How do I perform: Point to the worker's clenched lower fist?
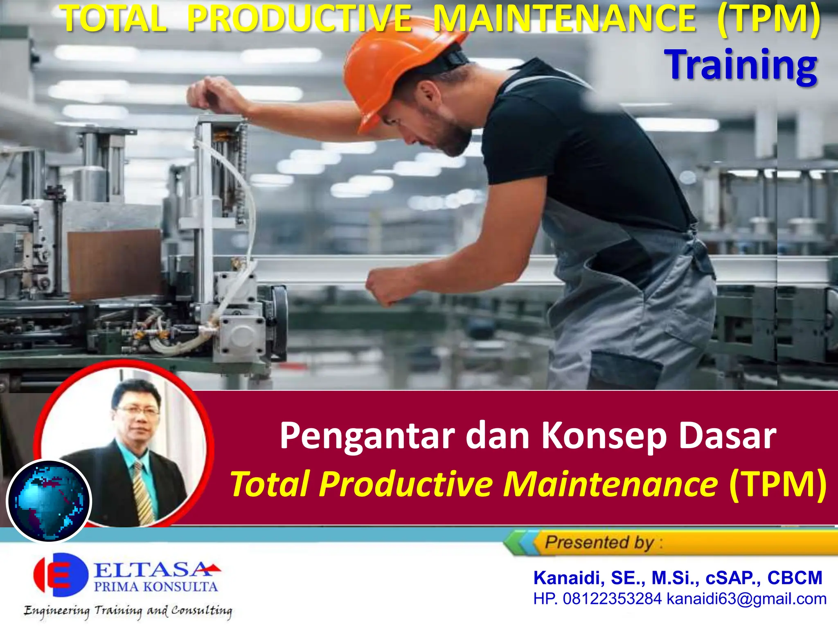click(x=387, y=286)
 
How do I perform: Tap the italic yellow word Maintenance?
click(x=610, y=484)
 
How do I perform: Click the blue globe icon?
click(x=49, y=500)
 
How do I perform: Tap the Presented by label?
click(x=599, y=543)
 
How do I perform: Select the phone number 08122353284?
click(x=612, y=599)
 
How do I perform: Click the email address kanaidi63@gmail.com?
click(x=746, y=599)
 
